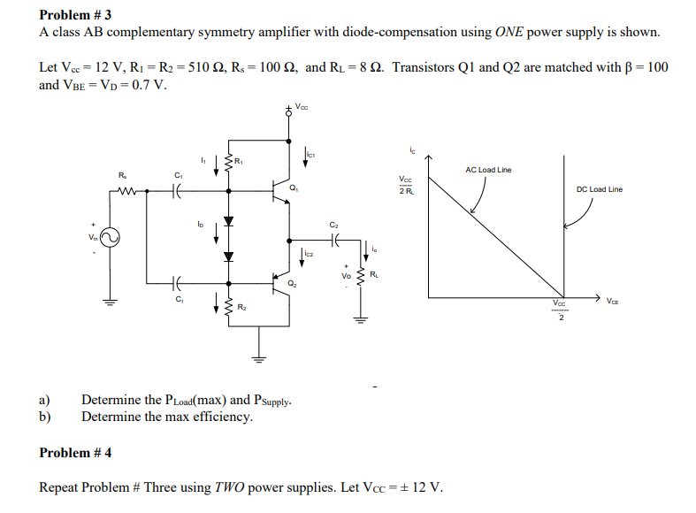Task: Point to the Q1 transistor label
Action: pyautogui.click(x=293, y=188)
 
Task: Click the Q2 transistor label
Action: pyautogui.click(x=292, y=285)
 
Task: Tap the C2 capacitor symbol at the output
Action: pyautogui.click(x=333, y=239)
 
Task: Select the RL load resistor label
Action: pyautogui.click(x=376, y=273)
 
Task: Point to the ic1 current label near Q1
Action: pyautogui.click(x=310, y=156)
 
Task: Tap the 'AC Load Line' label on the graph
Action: pyautogui.click(x=488, y=170)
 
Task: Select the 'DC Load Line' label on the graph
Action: pyautogui.click(x=600, y=189)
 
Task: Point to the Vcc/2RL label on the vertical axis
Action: pyautogui.click(x=405, y=185)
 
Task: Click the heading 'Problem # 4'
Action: pyautogui.click(x=75, y=454)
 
